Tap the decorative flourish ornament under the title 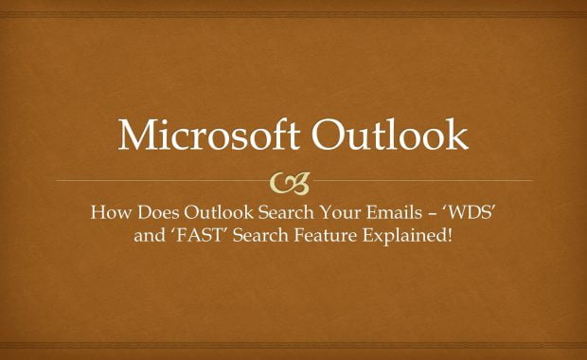coord(293,180)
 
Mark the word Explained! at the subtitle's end coord(405,234)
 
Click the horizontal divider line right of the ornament coord(426,180)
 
